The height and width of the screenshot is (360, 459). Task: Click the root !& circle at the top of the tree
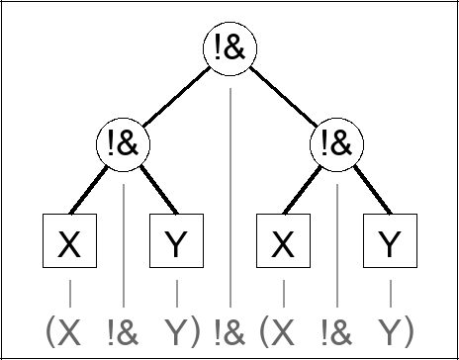pyautogui.click(x=229, y=52)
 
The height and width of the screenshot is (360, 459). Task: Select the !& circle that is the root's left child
pyautogui.click(x=123, y=145)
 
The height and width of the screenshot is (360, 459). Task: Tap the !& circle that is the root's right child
pyautogui.click(x=336, y=145)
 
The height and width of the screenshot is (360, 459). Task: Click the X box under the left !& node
pyautogui.click(x=69, y=242)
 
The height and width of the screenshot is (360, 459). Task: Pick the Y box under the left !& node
pyautogui.click(x=176, y=242)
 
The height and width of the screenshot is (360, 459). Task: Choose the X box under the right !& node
pyautogui.click(x=283, y=242)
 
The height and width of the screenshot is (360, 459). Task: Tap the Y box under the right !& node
pyautogui.click(x=390, y=242)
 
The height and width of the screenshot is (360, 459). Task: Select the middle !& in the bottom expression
pyautogui.click(x=229, y=329)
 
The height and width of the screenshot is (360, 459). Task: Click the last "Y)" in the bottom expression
pyautogui.click(x=395, y=329)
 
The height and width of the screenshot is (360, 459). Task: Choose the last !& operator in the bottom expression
pyautogui.click(x=336, y=329)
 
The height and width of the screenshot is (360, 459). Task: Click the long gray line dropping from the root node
pyautogui.click(x=229, y=198)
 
